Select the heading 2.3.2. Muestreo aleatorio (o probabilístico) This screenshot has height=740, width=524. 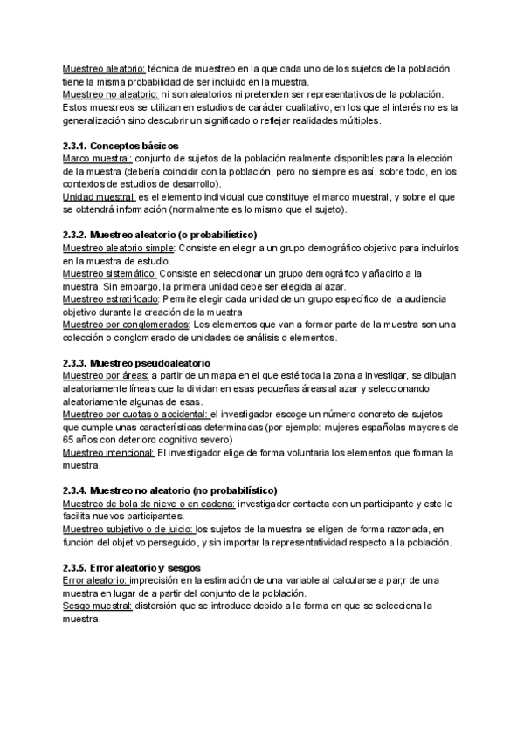pos(160,236)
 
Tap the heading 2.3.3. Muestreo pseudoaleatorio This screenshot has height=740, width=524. pos(136,362)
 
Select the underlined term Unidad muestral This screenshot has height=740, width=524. pos(100,196)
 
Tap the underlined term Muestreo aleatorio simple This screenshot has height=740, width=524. pos(118,248)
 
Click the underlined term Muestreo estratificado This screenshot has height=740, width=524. pos(110,299)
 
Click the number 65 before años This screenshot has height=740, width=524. pos(69,440)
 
